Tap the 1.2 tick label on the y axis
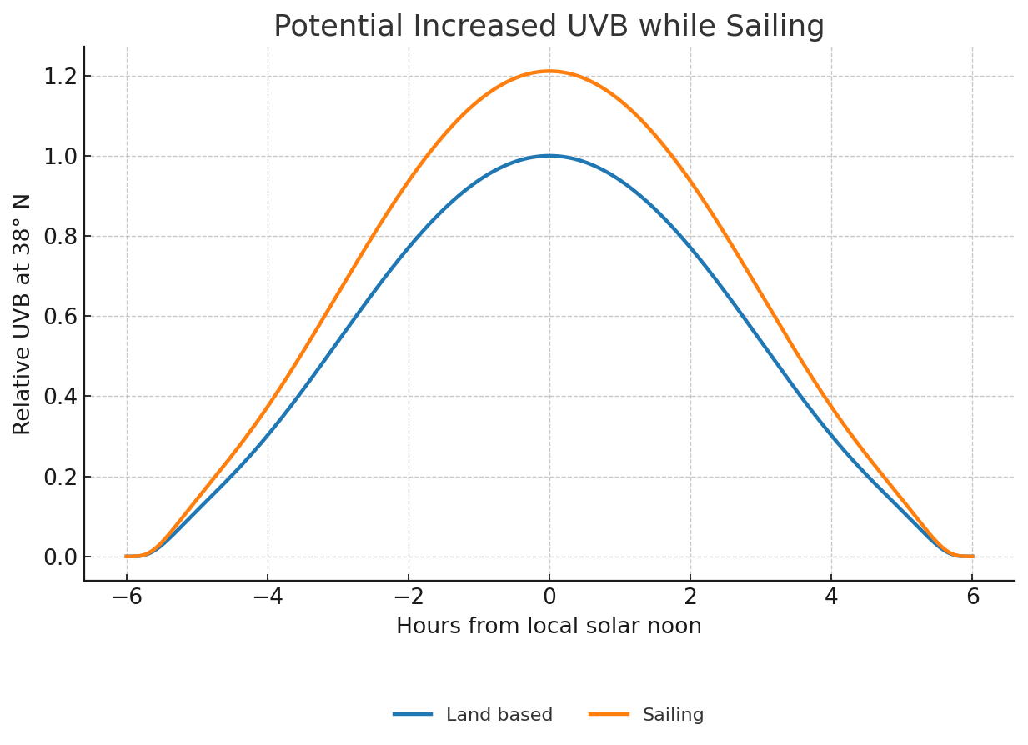pyautogui.click(x=60, y=77)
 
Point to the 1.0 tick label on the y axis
pyautogui.click(x=60, y=157)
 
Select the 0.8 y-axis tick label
pyautogui.click(x=60, y=237)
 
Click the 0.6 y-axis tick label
pyautogui.click(x=60, y=317)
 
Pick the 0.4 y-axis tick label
pyautogui.click(x=60, y=397)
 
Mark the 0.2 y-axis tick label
pyautogui.click(x=60, y=477)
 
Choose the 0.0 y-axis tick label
pyautogui.click(x=60, y=557)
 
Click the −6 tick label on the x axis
pyautogui.click(x=127, y=597)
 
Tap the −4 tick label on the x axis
pyautogui.click(x=268, y=597)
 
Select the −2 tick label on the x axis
pyautogui.click(x=409, y=597)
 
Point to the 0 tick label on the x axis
pyautogui.click(x=549, y=597)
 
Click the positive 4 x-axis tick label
pyautogui.click(x=831, y=597)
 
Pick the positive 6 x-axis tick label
pyautogui.click(x=972, y=597)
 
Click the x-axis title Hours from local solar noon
pyautogui.click(x=549, y=627)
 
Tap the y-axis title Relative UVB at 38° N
pyautogui.click(x=23, y=314)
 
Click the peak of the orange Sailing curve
pyautogui.click(x=549, y=71)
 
